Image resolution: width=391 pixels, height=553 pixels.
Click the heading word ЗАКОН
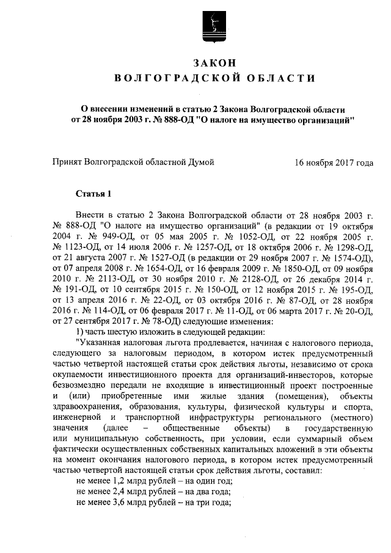click(214, 63)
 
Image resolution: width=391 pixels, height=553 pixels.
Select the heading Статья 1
click(93, 195)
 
